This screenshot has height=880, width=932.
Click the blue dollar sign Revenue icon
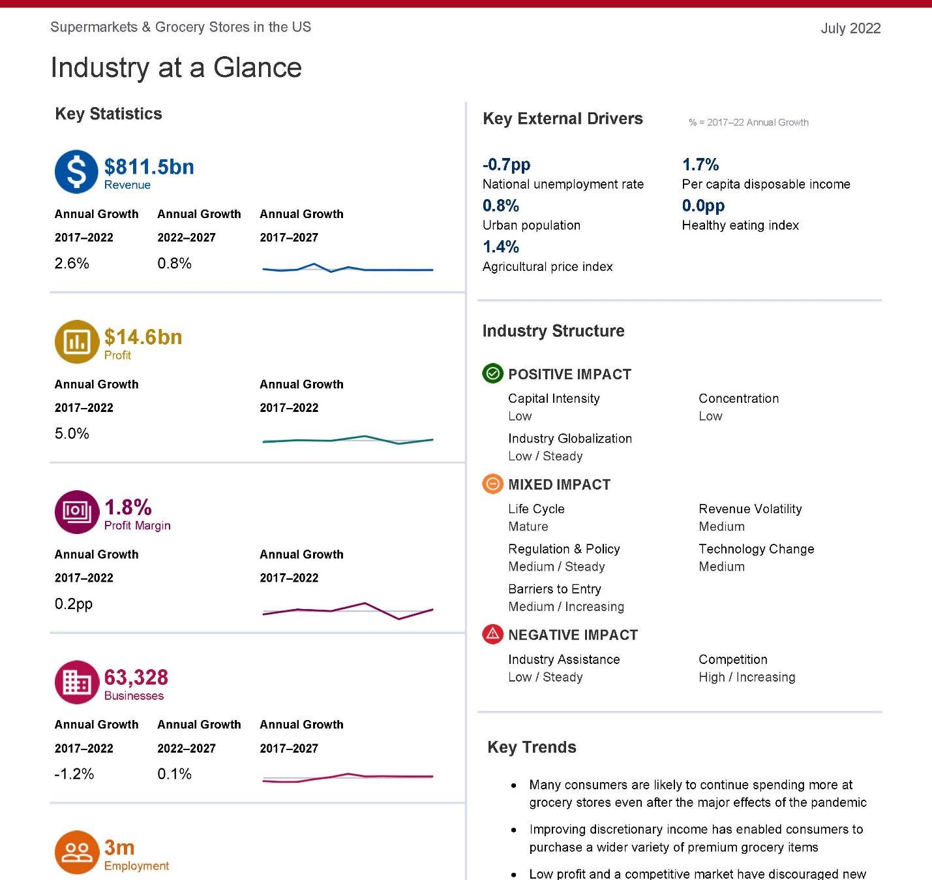click(x=76, y=172)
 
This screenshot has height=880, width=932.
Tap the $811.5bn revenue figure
click(x=149, y=166)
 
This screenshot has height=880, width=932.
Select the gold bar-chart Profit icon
click(x=76, y=341)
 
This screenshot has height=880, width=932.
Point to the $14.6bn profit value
click(x=143, y=337)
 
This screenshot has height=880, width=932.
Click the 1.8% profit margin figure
click(x=128, y=507)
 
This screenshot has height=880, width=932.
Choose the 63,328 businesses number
click(x=136, y=677)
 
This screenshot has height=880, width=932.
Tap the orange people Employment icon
click(x=76, y=852)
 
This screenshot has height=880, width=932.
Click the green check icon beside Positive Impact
click(x=492, y=373)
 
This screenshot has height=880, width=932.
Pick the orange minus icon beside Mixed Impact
click(x=492, y=484)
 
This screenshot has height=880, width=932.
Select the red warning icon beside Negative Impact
click(x=492, y=634)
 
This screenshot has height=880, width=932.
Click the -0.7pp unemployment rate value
click(x=506, y=165)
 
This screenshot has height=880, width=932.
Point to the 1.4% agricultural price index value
click(x=501, y=247)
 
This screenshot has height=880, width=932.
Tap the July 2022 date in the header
click(x=850, y=28)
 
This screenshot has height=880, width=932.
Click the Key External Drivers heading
click(x=562, y=119)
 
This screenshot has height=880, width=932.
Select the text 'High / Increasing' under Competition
click(x=747, y=677)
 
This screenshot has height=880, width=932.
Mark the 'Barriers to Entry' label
click(x=554, y=589)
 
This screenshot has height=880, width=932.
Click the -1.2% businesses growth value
click(x=74, y=774)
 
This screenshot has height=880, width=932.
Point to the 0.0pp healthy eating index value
click(x=703, y=206)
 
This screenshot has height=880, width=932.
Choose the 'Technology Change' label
click(x=756, y=549)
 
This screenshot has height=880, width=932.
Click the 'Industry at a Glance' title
click(x=176, y=68)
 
